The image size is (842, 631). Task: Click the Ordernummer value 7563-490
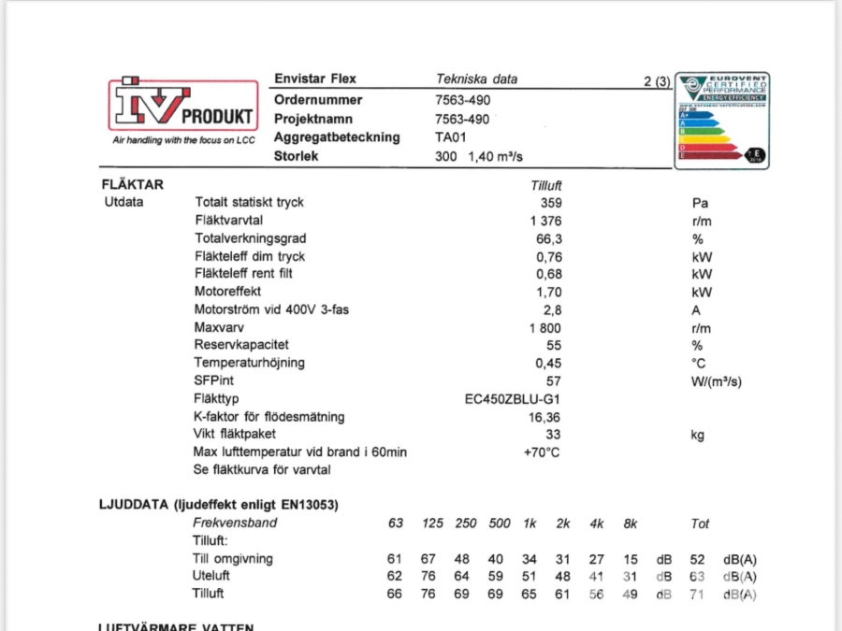tap(463, 100)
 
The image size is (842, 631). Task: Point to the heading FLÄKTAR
tap(132, 184)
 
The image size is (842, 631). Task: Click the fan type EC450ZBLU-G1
tap(519, 398)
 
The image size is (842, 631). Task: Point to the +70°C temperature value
tap(542, 452)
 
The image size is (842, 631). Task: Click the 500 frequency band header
tap(499, 523)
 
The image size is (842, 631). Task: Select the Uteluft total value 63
tap(697, 576)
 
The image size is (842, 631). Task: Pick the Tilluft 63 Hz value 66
tap(395, 594)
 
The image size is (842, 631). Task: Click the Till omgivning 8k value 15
tap(633, 559)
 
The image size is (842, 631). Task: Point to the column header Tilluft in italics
tap(545, 185)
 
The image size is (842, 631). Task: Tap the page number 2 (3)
tap(658, 81)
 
